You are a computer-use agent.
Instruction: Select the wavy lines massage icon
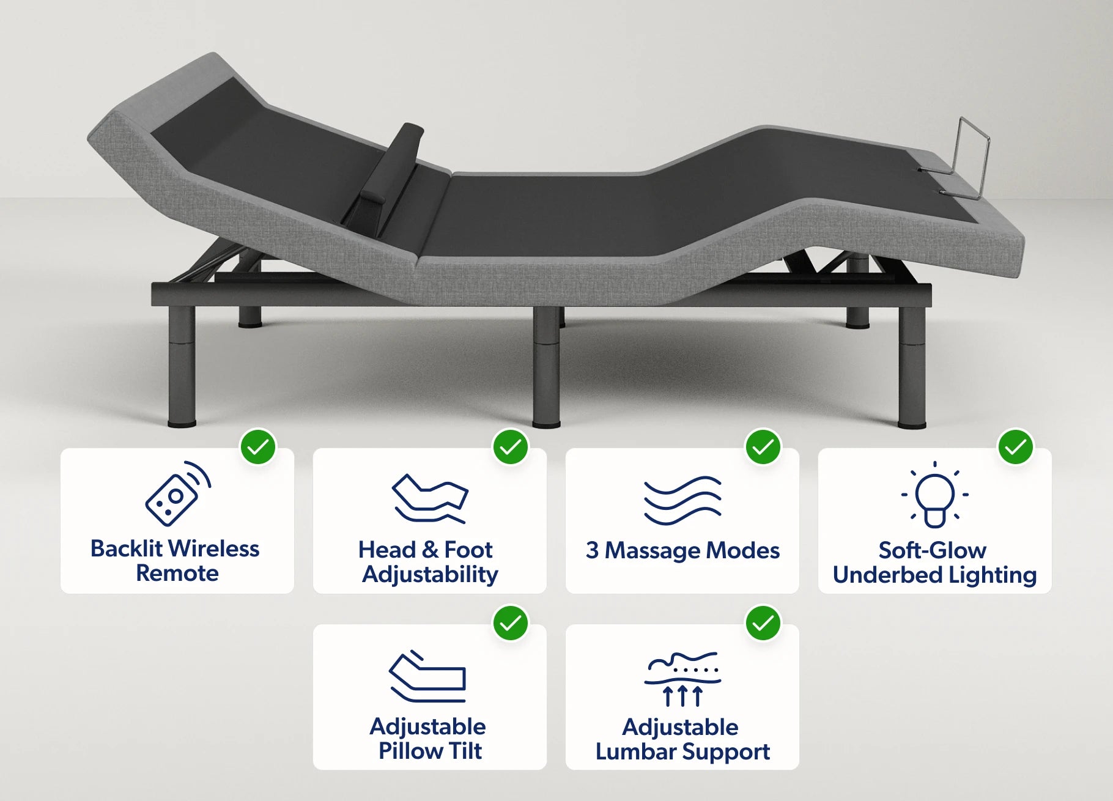tap(682, 500)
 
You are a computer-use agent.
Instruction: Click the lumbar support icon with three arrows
tap(682, 679)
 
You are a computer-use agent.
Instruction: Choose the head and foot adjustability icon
tap(430, 498)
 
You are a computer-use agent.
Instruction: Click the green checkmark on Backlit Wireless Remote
tap(258, 447)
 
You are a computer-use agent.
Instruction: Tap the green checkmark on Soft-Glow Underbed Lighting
tap(1016, 447)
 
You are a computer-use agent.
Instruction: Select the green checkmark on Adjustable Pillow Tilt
tap(511, 623)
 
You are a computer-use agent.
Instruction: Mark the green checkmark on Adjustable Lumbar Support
tap(763, 623)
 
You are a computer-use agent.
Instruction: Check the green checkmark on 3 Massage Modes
tap(763, 447)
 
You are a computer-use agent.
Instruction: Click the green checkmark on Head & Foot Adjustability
tap(511, 447)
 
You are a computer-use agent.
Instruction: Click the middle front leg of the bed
tap(546, 367)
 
